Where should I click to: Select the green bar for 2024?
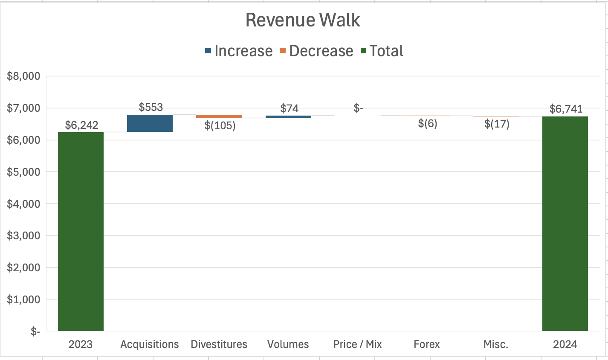pos(565,224)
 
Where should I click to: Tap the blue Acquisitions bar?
pos(150,123)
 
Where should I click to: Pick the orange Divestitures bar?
pos(219,116)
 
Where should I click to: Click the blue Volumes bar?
pos(288,116)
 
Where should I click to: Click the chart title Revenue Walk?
pos(303,20)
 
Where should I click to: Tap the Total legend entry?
pos(382,51)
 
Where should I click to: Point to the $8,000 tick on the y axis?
pos(24,76)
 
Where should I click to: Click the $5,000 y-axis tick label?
pos(24,172)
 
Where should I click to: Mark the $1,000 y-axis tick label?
pos(24,299)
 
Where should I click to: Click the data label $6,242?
pos(81,125)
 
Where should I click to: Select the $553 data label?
pos(151,107)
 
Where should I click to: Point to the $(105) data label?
pos(220,125)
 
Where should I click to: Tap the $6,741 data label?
pos(566,109)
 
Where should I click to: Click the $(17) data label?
pos(497,124)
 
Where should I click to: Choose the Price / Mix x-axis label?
pos(357,344)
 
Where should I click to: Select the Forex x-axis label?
pos(426,344)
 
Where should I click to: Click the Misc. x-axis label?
pos(496,344)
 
